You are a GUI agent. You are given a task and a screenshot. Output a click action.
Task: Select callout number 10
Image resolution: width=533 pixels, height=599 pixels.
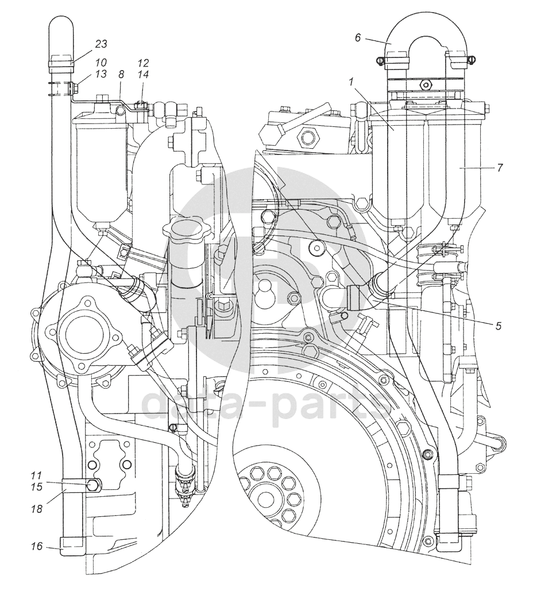[x=101, y=61]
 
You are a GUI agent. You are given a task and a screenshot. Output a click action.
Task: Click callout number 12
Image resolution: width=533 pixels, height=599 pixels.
[x=143, y=62]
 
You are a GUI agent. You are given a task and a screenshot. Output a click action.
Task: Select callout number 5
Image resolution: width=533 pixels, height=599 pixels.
[x=498, y=325]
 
